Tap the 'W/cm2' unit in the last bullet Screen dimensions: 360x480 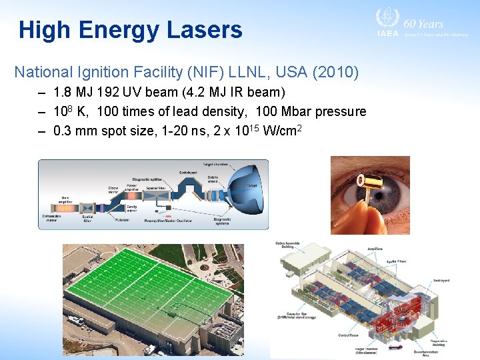point(284,130)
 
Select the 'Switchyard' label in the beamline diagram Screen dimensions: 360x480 point(187,173)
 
